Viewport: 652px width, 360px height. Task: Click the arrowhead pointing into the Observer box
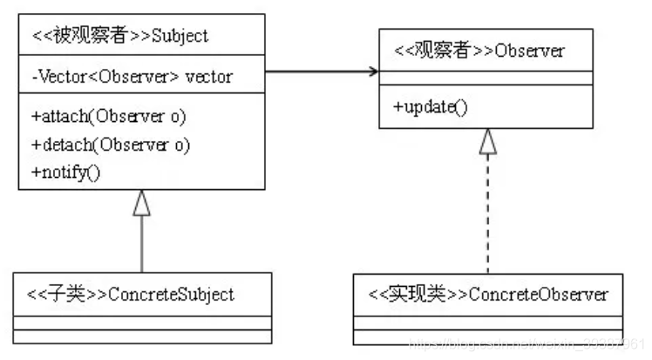tap(371, 71)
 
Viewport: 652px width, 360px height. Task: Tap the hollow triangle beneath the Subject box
tap(141, 203)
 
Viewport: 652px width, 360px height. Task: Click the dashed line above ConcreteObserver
tap(488, 218)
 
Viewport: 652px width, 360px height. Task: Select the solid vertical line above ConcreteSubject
tap(141, 244)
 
